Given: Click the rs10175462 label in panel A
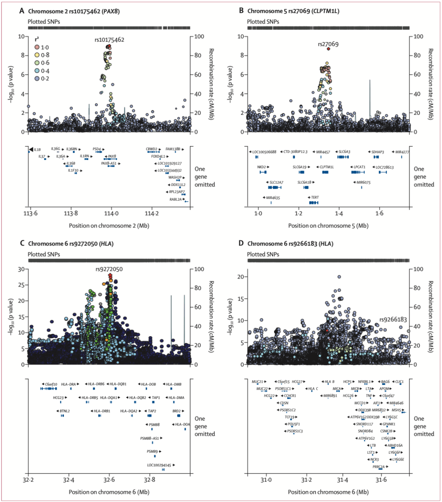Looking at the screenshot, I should click(109, 40).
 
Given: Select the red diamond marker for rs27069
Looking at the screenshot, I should click(328, 49).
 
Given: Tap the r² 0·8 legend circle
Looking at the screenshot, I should click(36, 55).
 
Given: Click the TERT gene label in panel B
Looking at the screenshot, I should click(315, 198).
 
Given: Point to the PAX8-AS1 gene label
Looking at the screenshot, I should click(108, 163).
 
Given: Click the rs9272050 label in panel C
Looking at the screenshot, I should click(109, 269).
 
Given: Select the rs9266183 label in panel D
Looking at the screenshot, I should click(393, 319).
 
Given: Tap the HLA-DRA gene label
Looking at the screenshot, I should click(68, 384).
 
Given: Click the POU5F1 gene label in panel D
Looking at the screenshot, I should click(293, 424).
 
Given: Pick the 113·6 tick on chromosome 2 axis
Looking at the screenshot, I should click(30, 214).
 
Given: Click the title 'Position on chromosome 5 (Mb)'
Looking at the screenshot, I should click(328, 225).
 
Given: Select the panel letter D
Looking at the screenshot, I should click(241, 243).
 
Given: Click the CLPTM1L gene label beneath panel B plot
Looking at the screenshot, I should click(327, 167).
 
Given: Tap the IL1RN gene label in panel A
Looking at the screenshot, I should click(84, 156).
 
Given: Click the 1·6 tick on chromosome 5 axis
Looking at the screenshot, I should click(379, 214).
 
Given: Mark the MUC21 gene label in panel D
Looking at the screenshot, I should click(258, 382).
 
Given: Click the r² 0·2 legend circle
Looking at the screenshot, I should click(36, 78).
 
